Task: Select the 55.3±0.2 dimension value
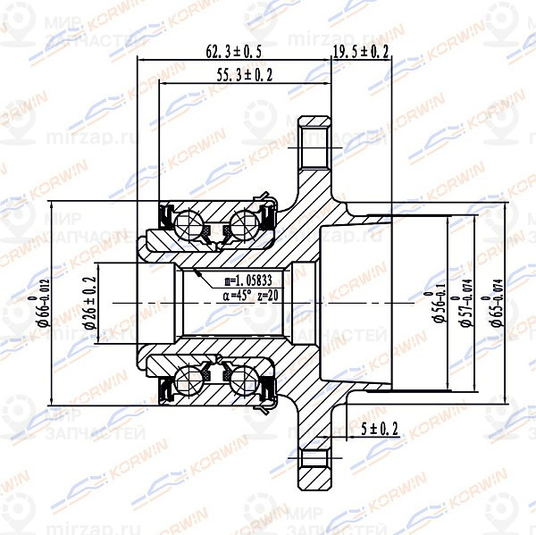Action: click(244, 76)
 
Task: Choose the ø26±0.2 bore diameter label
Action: click(91, 303)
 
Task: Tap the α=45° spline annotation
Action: click(232, 294)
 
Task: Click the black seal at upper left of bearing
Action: click(164, 214)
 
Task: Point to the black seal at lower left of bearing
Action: click(164, 389)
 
